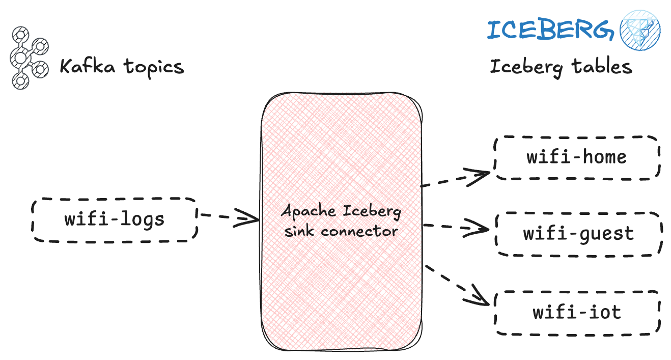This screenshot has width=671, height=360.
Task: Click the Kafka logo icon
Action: tap(28, 58)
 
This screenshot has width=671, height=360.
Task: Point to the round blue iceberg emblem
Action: tap(640, 30)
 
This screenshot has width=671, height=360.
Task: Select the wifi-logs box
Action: tap(114, 219)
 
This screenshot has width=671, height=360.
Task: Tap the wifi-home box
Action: tap(576, 157)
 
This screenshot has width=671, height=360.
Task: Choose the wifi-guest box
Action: tap(578, 234)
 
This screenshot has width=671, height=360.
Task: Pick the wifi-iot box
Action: tap(577, 312)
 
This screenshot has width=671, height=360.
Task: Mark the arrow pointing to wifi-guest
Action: tap(456, 227)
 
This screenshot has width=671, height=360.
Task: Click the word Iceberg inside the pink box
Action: tap(372, 211)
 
